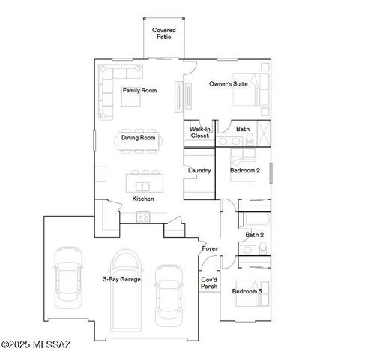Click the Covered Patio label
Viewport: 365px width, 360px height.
tap(164, 33)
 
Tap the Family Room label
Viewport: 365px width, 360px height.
tap(140, 90)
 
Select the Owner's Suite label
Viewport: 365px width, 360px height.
tap(228, 84)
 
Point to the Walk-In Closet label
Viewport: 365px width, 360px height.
tap(199, 132)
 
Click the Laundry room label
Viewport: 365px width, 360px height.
tap(199, 170)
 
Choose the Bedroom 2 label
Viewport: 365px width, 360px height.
tap(244, 170)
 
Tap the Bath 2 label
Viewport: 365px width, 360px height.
tap(255, 235)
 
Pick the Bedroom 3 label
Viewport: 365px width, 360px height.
tap(247, 291)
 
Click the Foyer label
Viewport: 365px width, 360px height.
tap(210, 248)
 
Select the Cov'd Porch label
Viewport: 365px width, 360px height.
tap(209, 283)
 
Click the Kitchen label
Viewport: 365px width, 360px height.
tap(143, 199)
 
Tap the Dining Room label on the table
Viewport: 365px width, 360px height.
tap(139, 138)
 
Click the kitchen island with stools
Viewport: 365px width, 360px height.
tap(145, 182)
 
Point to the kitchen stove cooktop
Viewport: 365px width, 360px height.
tap(142, 217)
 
